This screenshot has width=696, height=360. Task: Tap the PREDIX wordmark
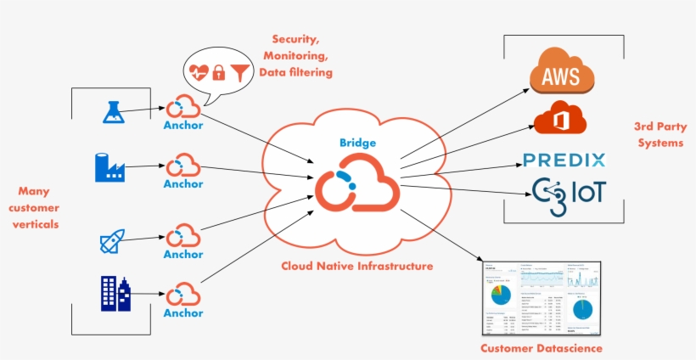(x=564, y=160)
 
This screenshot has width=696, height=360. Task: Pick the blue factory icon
(x=110, y=166)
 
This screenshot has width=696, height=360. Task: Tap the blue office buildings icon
(x=114, y=293)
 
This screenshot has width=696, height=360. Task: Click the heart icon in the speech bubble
(x=199, y=72)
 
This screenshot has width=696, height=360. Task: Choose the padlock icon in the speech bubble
(x=220, y=73)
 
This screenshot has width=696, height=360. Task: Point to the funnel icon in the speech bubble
(x=242, y=72)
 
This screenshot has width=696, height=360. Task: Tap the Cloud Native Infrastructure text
(x=357, y=266)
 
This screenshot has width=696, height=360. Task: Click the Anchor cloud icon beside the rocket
(x=182, y=235)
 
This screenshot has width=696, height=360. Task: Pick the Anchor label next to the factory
(x=183, y=183)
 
